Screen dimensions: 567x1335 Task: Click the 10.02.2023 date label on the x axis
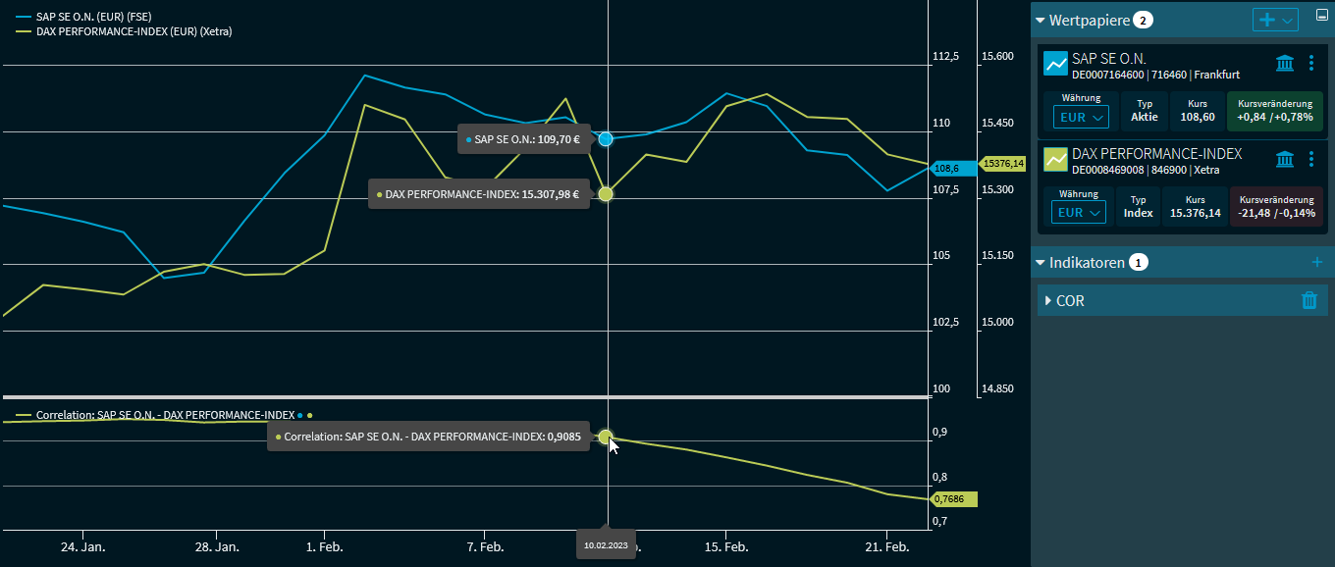point(606,544)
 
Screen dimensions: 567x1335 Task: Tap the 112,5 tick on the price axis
point(945,57)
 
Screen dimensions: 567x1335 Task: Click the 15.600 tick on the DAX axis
point(997,57)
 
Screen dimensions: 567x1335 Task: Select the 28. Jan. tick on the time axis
point(217,546)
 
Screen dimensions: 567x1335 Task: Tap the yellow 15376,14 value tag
point(1002,164)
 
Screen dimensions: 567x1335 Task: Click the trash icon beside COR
point(1308,301)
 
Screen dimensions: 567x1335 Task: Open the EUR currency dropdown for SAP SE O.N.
point(1081,118)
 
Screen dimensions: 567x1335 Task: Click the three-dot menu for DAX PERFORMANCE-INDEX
point(1311,159)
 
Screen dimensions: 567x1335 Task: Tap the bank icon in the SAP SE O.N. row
point(1284,64)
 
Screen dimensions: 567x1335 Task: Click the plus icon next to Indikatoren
point(1317,262)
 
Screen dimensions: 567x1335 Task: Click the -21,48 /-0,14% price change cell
point(1275,207)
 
